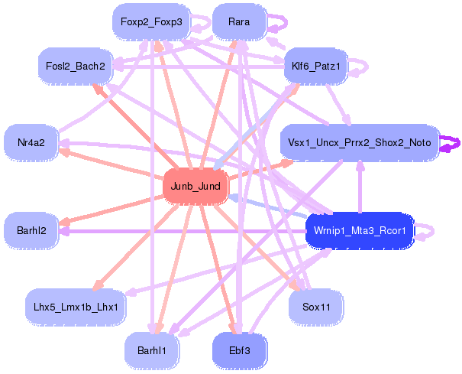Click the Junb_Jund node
pos(195,187)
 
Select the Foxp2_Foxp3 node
pos(149,22)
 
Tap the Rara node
pos(238,22)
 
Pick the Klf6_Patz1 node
pos(315,67)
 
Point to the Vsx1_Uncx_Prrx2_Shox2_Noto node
pos(359,143)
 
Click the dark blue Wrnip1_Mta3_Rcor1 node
pos(359,229)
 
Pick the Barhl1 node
pos(151,350)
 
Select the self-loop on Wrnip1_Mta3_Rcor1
pos(429,229)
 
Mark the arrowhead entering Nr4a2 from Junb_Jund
pos(64,151)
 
